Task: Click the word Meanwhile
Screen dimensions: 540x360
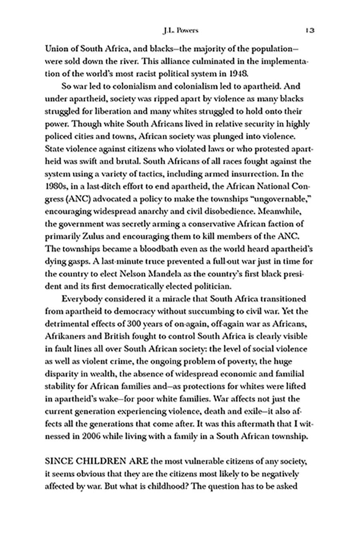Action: pyautogui.click(x=285, y=212)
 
